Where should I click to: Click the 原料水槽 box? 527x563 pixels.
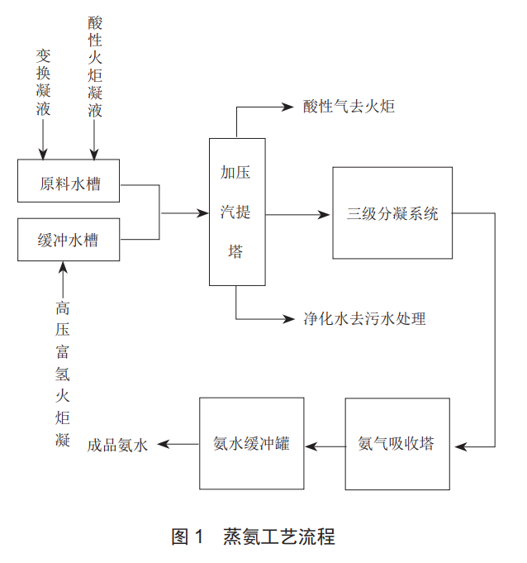click(x=69, y=181)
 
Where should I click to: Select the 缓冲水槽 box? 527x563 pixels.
click(x=69, y=240)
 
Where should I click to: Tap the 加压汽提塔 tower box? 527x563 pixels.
click(x=237, y=212)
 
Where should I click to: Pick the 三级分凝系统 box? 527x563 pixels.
click(x=392, y=213)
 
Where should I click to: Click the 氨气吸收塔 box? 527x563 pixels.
click(x=396, y=444)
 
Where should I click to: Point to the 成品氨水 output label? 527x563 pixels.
click(x=117, y=445)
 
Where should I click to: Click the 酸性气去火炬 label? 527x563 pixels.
click(x=349, y=107)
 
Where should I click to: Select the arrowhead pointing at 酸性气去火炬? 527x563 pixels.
click(x=289, y=107)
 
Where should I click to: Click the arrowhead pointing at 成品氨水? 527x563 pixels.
click(x=162, y=445)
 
